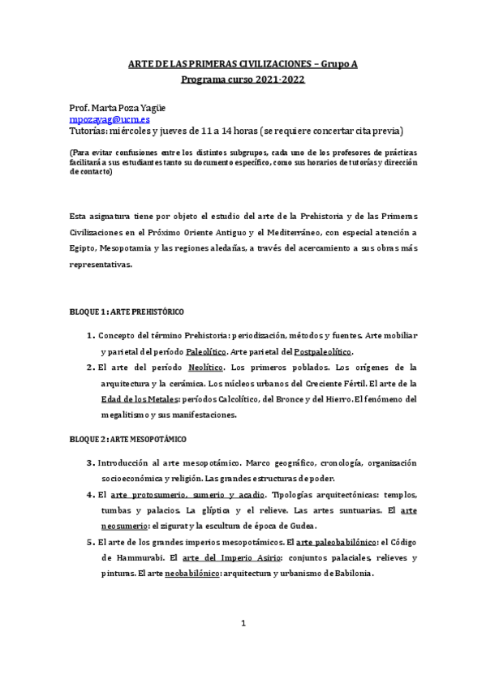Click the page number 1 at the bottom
tap(243, 622)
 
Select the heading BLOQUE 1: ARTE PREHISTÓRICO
tap(127, 312)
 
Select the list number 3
tap(90, 462)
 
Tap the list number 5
tap(90, 542)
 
